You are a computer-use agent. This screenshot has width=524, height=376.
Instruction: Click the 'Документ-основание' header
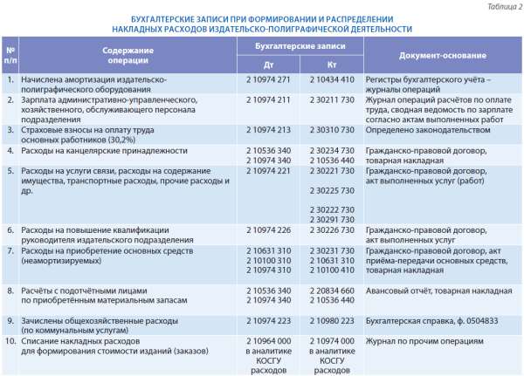443,54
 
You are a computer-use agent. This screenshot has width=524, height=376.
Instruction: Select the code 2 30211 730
332,100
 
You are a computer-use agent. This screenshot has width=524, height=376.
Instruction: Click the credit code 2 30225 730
332,189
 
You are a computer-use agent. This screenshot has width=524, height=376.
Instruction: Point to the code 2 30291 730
332,219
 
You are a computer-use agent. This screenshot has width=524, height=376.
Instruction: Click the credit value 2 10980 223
332,319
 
